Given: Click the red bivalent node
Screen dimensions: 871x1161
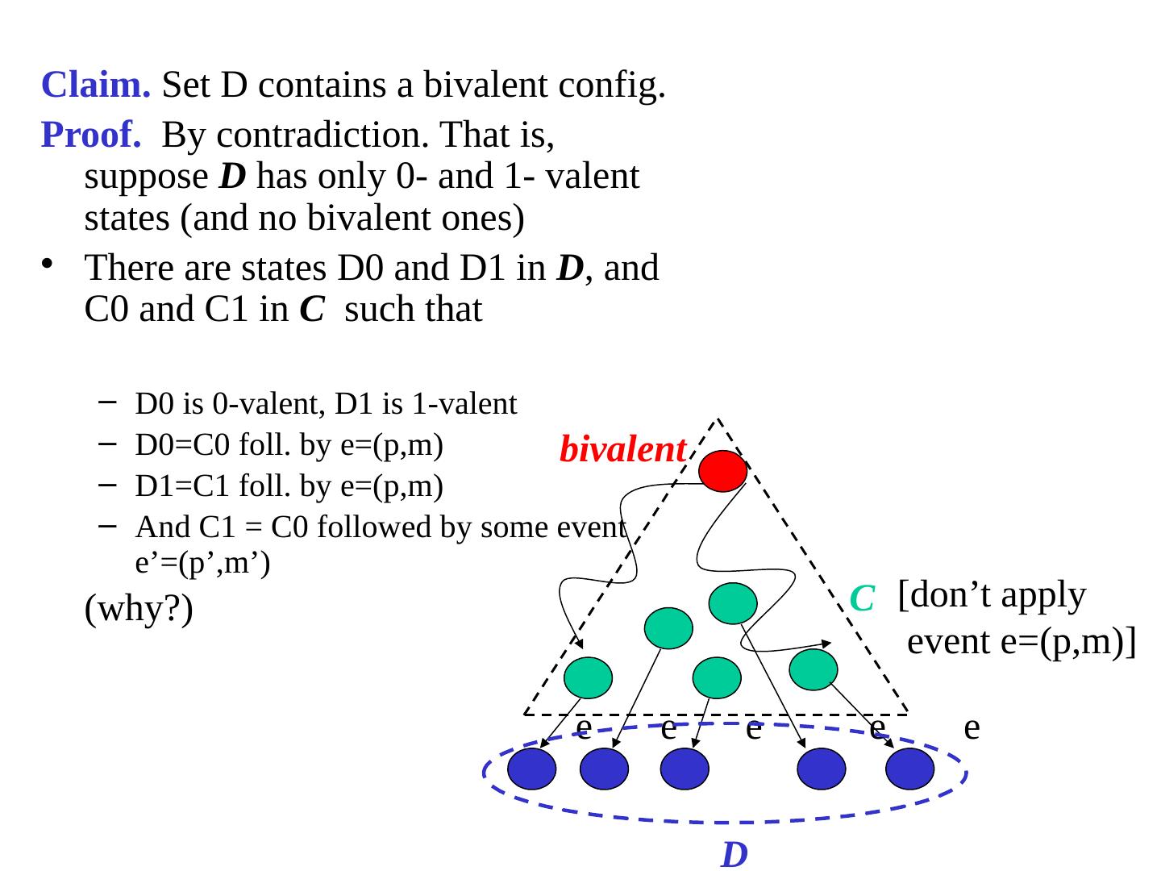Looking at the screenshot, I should coord(722,471).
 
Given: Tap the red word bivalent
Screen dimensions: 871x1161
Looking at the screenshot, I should coord(622,450).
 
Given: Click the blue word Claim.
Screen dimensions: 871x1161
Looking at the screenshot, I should coord(95,85).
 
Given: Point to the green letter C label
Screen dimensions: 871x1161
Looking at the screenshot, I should coord(862,598).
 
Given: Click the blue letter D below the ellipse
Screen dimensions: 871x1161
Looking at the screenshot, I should coord(734,855).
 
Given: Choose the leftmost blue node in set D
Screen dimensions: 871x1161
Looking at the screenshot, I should coord(532,769).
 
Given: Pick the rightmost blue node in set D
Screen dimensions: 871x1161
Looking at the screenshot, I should coord(909,769).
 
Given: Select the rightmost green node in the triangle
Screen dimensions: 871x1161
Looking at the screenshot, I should coord(814,669).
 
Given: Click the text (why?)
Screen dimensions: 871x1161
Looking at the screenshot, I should coord(139,611).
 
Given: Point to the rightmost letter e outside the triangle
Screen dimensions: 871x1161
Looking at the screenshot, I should coord(972,727).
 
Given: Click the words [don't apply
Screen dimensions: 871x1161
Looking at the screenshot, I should coord(992,595).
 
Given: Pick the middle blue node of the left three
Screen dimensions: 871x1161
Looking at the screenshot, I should coord(604,769).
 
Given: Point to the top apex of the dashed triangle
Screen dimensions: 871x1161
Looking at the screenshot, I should coord(717,419).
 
